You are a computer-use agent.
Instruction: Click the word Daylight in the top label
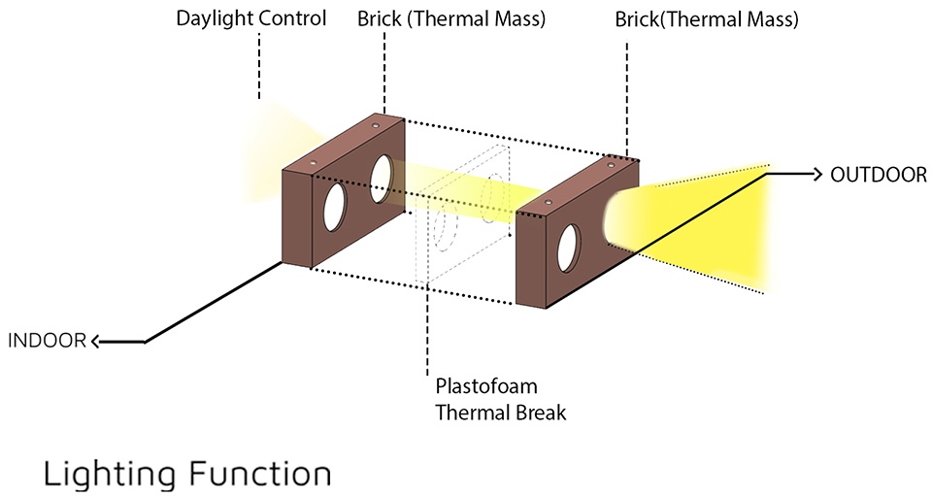coord(210,18)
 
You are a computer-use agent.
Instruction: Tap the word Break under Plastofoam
coord(543,412)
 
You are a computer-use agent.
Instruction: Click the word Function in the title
coord(255,475)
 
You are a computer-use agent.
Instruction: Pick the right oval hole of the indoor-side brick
coord(382,177)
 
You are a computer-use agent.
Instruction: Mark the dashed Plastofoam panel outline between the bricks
coord(463,218)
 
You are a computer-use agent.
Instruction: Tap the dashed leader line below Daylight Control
coord(259,68)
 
